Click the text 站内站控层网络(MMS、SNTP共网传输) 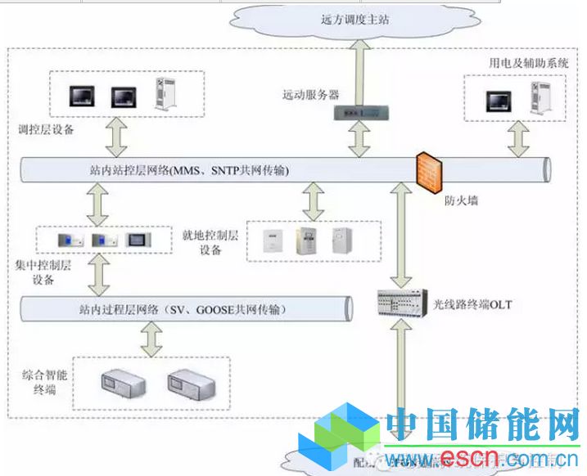point(189,170)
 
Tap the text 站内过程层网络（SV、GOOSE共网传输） point(183,310)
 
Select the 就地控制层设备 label point(210,242)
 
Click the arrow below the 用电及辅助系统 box point(517,139)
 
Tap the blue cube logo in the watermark point(336,440)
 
